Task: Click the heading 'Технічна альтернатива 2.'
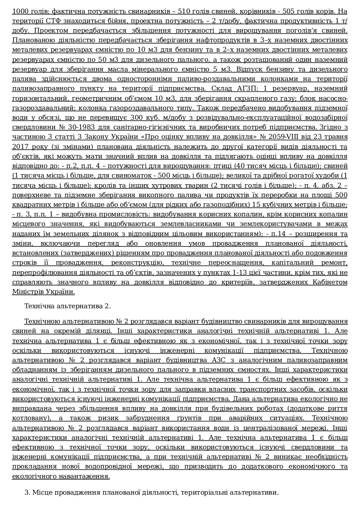pyautogui.click(x=68, y=306)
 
